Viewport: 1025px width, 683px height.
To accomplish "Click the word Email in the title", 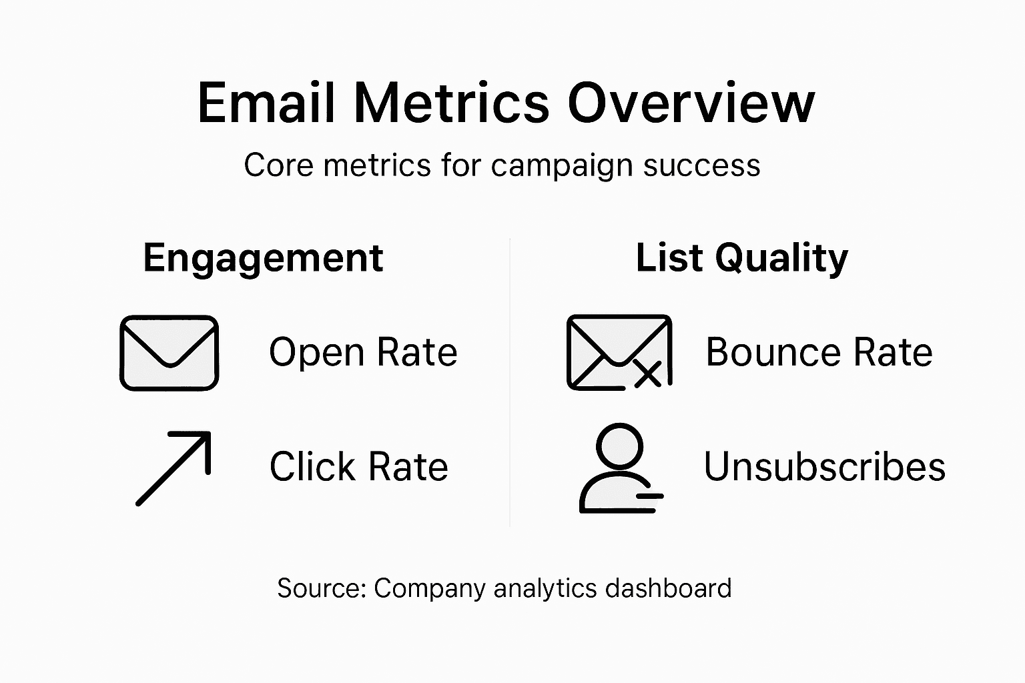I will point(266,103).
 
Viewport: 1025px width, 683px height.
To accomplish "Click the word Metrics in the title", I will point(451,103).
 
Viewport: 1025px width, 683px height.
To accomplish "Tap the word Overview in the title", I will point(691,103).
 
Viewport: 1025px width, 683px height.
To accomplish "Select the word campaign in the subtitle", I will point(561,166).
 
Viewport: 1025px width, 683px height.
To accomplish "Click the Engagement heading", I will point(263,258).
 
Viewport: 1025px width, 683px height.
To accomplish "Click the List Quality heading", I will point(741,258).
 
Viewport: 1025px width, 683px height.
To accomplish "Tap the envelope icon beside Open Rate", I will point(169,353).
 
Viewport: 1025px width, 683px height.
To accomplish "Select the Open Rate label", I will point(363,352).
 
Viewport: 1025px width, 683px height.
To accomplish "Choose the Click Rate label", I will point(358,466).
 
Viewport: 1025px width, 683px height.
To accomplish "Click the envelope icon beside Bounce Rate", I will point(618,352).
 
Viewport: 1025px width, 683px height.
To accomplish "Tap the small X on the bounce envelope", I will point(647,375).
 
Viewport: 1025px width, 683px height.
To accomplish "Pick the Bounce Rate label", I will point(819,352).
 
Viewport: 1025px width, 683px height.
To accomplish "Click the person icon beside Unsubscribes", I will point(619,469).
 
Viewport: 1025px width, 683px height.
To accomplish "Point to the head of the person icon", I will point(619,445).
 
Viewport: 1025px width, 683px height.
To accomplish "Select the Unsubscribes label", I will point(824,466).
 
